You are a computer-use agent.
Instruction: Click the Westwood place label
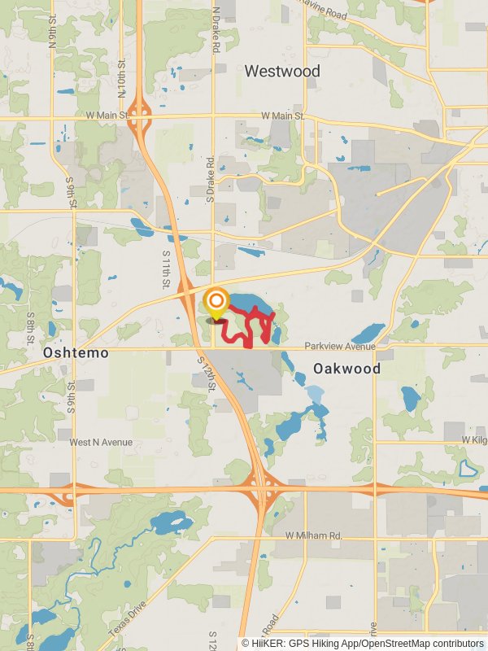(282, 72)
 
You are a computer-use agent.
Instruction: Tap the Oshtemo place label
(75, 353)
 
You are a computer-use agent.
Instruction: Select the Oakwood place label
(347, 369)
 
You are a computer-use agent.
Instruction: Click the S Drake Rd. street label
(211, 179)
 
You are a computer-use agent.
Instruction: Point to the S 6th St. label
(71, 397)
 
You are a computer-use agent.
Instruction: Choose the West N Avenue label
(101, 443)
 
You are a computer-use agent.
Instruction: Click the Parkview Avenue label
(340, 347)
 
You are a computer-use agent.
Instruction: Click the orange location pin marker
(216, 304)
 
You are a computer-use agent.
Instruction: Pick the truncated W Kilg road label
(474, 439)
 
